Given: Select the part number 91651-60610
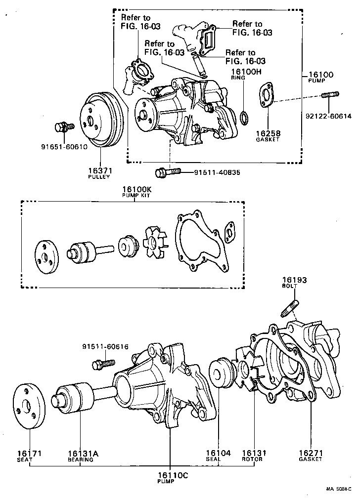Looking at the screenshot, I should tap(64, 146).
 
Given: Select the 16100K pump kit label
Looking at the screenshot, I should tap(136, 190).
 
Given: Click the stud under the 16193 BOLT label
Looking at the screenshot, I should tap(290, 308).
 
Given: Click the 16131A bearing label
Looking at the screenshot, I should tap(81, 453).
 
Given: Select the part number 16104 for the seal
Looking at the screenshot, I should tap(218, 453).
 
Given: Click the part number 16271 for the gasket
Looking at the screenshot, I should tap(310, 453).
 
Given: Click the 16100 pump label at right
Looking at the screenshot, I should tap(320, 75).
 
